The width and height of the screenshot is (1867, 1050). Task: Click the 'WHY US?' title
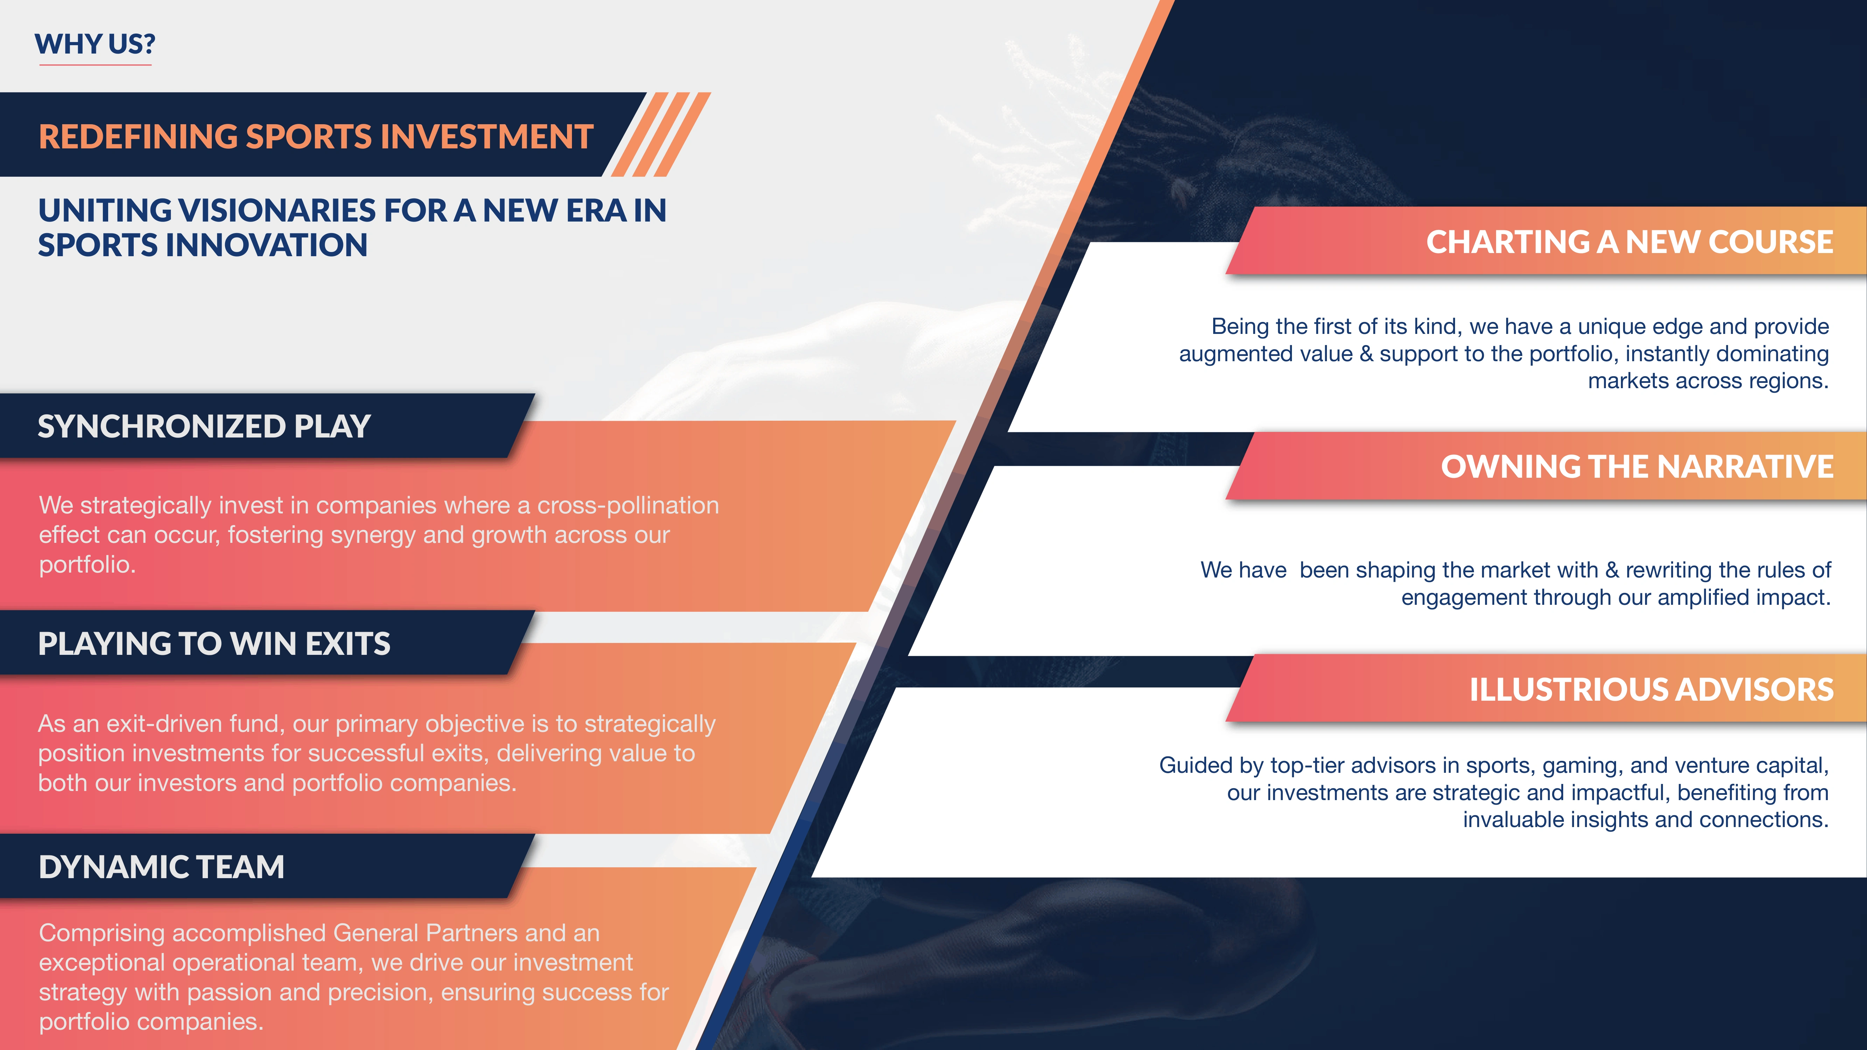95,44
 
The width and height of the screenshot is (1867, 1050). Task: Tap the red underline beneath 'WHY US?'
95,64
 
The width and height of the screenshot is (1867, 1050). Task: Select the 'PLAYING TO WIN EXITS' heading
214,644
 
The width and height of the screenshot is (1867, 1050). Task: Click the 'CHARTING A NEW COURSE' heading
1629,242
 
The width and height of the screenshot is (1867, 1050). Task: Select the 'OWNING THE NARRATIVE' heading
1637,467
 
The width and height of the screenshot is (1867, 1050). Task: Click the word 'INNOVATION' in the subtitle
267,245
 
